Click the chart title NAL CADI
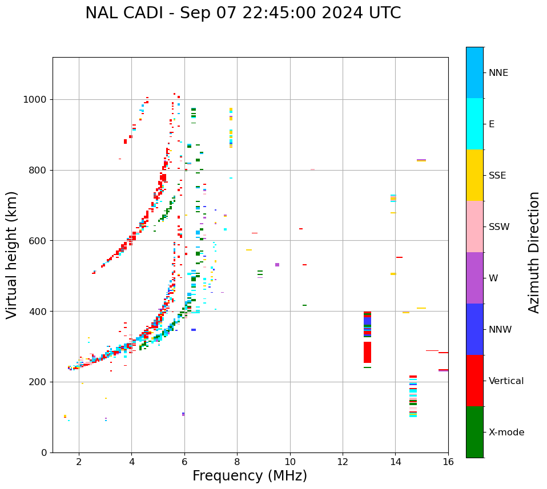[243, 13]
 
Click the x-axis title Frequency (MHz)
[250, 476]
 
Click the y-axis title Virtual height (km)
[12, 255]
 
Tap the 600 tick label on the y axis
[39, 241]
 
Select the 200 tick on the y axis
[39, 382]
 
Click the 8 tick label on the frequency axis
[237, 462]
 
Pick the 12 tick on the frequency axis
[343, 462]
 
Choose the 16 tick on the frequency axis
[448, 462]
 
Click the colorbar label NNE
[498, 73]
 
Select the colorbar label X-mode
[506, 433]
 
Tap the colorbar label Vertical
[506, 381]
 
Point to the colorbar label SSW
[499, 227]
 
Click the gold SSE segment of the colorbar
[474, 175]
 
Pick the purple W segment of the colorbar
[474, 278]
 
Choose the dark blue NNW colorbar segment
[474, 329]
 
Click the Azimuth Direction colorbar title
[534, 252]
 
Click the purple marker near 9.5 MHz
[277, 265]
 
